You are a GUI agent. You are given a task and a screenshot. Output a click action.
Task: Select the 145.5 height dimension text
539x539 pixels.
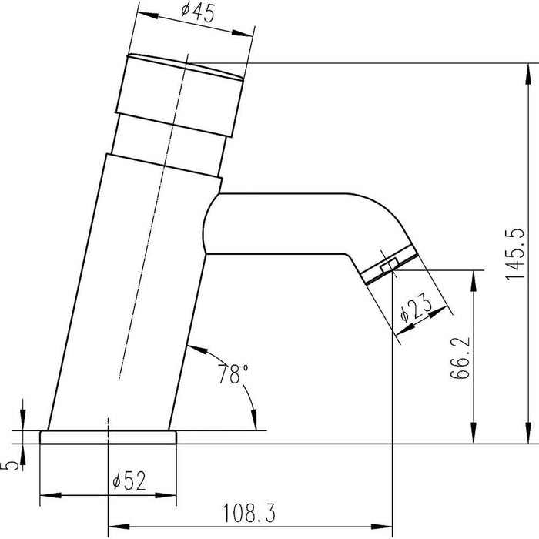(x=515, y=253)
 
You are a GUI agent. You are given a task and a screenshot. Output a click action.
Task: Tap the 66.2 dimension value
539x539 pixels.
(x=460, y=357)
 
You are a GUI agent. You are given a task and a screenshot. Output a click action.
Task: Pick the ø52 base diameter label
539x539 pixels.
(x=129, y=480)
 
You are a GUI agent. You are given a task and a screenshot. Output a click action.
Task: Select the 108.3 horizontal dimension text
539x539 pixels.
(x=249, y=513)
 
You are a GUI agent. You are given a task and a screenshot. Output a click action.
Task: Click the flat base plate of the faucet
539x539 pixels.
(x=109, y=437)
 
